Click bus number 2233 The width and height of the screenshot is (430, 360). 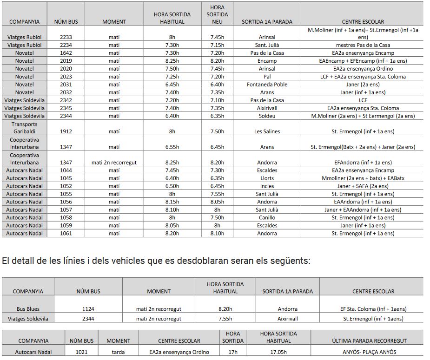[66, 37]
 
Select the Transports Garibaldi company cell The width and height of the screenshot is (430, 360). [24, 128]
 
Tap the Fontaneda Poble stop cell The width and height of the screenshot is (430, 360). [267, 85]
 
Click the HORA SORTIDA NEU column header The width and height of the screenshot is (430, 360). [217, 14]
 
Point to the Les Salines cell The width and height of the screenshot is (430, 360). [267, 131]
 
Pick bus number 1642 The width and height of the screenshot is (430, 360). [66, 53]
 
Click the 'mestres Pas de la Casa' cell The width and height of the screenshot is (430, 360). [363, 45]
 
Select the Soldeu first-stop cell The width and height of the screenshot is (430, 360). [267, 116]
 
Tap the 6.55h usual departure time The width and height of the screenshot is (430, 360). [172, 147]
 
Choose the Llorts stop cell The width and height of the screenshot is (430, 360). [267, 178]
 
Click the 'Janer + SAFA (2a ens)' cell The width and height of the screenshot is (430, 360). [363, 186]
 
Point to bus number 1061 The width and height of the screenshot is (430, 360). [66, 233]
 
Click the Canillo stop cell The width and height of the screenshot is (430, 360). [267, 217]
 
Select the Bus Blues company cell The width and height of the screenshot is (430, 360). [28, 309]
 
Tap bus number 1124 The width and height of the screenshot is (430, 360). [88, 309]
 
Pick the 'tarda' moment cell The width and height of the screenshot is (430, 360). [118, 352]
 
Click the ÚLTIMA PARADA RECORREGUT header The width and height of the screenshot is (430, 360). [370, 340]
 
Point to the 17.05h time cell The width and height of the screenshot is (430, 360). [278, 352]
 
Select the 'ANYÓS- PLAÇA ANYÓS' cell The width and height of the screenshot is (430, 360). [370, 352]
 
